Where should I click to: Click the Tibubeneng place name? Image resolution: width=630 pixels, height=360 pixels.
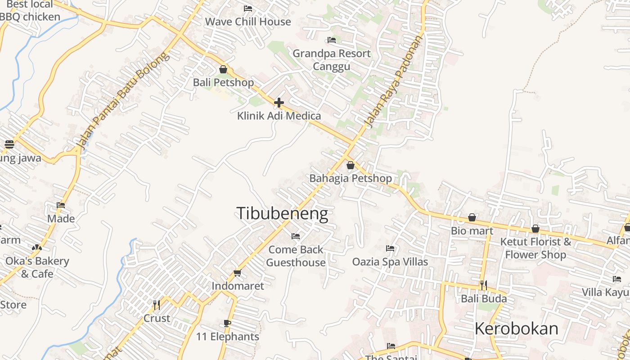[282, 213]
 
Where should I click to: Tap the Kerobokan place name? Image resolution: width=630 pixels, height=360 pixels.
[516, 328]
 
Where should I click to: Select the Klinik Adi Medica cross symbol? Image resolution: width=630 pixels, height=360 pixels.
[279, 103]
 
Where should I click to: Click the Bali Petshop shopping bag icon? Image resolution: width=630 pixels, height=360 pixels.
[223, 69]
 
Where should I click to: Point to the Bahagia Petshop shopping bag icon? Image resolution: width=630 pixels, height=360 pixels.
[351, 165]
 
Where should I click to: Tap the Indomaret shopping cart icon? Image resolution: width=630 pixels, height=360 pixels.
[238, 273]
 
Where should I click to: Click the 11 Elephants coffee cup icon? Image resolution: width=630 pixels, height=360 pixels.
[227, 323]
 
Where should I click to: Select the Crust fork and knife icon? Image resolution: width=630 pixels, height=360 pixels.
[157, 305]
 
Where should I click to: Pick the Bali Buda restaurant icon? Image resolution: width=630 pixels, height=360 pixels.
[483, 285]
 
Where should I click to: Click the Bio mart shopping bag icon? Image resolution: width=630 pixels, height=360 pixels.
[472, 218]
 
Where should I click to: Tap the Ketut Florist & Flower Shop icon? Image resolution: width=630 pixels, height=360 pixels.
[535, 229]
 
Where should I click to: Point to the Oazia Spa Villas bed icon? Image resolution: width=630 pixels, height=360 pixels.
[390, 248]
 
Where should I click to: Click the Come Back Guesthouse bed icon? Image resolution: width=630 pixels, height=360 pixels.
[296, 236]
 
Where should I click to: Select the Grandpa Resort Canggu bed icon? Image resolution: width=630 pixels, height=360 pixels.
[332, 40]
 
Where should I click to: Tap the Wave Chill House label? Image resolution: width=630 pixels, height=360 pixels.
[248, 22]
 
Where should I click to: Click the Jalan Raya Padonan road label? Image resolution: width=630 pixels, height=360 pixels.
[394, 81]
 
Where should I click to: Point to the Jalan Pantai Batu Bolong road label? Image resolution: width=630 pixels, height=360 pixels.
[122, 101]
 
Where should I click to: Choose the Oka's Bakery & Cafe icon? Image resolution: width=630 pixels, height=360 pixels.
[37, 247]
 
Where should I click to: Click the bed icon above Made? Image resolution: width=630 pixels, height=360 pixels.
[61, 205]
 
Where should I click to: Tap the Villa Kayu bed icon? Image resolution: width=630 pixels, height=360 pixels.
[617, 279]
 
